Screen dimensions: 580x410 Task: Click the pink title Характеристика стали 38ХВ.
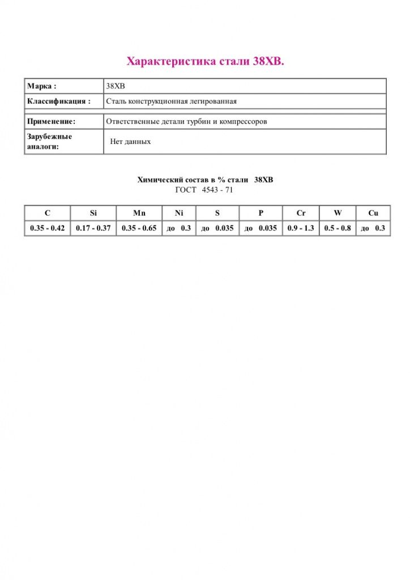pos(204,61)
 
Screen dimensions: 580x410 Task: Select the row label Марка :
pos(42,86)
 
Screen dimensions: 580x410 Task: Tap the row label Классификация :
pos(59,101)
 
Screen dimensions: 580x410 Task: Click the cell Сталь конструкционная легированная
pos(171,101)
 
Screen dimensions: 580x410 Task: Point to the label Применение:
pos(52,121)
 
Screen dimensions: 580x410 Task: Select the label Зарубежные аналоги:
pos(50,142)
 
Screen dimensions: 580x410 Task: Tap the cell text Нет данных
pos(130,142)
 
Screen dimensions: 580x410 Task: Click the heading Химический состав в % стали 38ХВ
pos(205,180)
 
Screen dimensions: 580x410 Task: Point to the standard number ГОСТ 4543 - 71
pos(204,190)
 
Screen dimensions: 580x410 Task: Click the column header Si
pos(93,213)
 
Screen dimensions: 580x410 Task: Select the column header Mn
pos(139,213)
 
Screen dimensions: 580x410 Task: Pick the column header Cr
pos(301,213)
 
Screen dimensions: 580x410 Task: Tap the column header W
pos(338,213)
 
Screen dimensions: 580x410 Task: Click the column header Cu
pos(373,213)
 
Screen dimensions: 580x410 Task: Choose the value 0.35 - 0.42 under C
pos(48,228)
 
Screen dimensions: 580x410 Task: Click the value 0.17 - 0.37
pos(93,228)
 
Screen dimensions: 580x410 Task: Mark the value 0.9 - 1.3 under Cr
pos(301,228)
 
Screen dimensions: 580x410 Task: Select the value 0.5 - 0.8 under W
pos(338,228)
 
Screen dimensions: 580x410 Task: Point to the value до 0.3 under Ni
pos(179,228)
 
